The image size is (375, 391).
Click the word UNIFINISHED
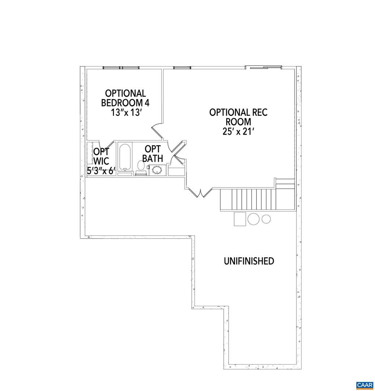(x=249, y=261)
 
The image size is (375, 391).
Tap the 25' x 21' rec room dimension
(x=238, y=131)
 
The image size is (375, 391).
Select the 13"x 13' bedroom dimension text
(x=125, y=112)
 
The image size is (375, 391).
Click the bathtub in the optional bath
(x=125, y=157)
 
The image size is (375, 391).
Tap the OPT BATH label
(x=152, y=154)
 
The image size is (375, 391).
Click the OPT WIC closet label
(x=101, y=156)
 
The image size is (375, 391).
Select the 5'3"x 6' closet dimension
(x=101, y=171)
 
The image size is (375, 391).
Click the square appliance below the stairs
(x=240, y=218)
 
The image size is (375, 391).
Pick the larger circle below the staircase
(x=253, y=219)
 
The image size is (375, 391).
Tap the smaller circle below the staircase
(x=266, y=219)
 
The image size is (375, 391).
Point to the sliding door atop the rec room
(x=263, y=67)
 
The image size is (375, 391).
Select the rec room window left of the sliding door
(x=181, y=67)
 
